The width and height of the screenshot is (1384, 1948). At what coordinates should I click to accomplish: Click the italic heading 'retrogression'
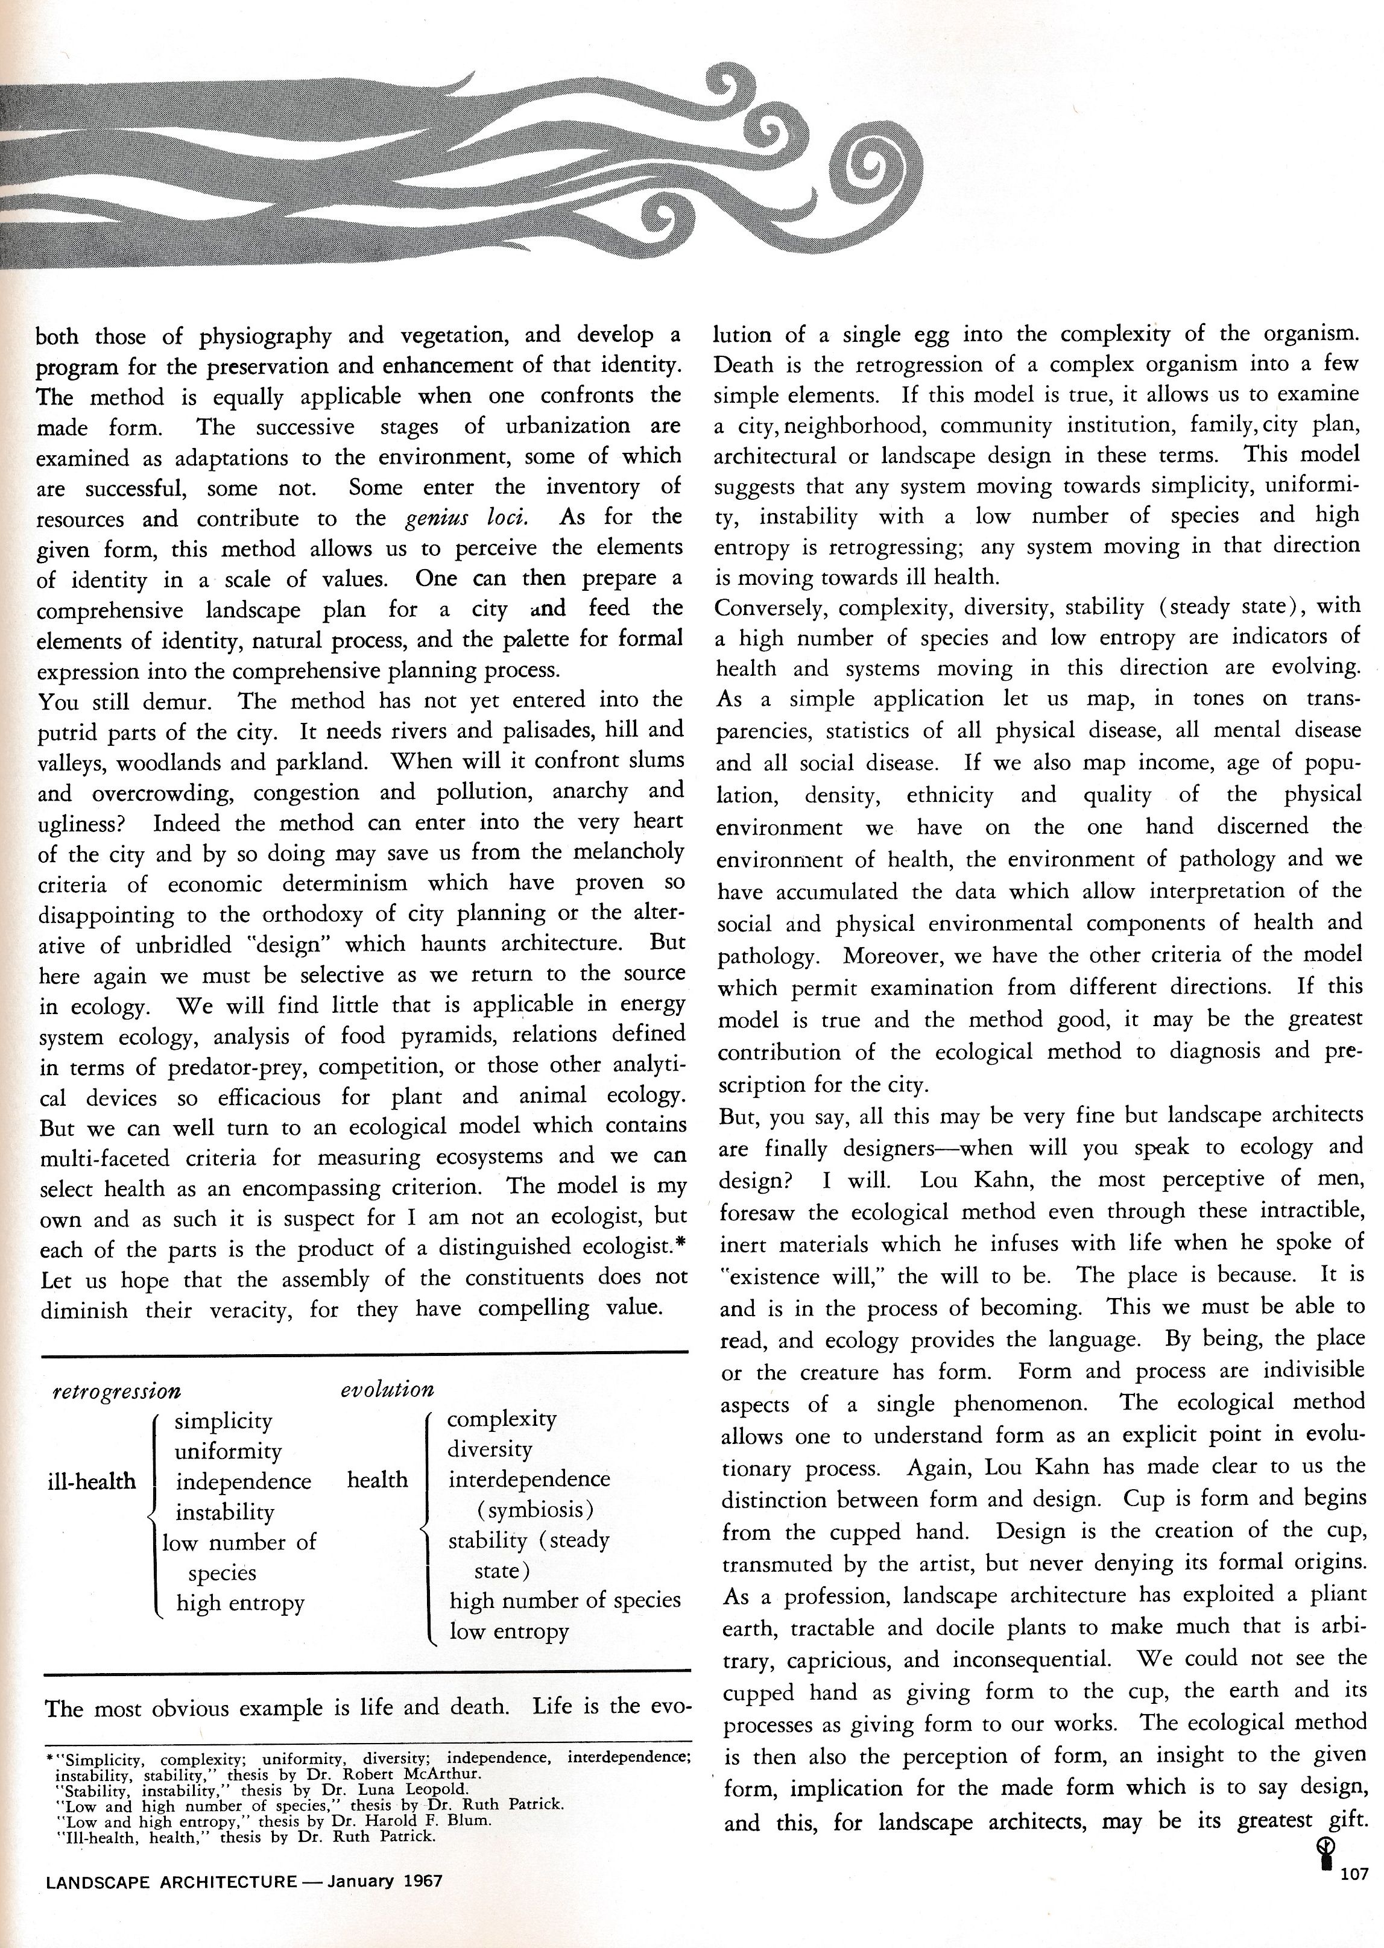[117, 1391]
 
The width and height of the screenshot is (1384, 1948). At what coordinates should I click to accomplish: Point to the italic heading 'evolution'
[387, 1389]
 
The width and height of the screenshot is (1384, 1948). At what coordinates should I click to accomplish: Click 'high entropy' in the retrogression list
[241, 1603]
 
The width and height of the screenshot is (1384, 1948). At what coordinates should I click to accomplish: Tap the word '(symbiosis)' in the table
[535, 1510]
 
